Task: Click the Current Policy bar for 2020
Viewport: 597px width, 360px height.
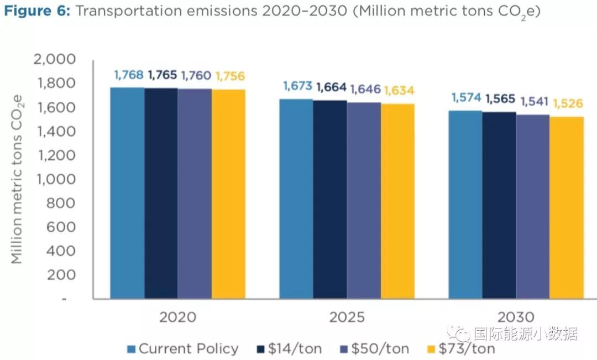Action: pyautogui.click(x=127, y=194)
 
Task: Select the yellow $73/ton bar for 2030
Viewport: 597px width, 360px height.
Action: pyautogui.click(x=567, y=208)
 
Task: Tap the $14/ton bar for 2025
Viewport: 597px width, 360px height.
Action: pyautogui.click(x=330, y=200)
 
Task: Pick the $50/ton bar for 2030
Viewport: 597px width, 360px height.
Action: pyautogui.click(x=533, y=207)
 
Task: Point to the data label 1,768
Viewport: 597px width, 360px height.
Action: pyautogui.click(x=129, y=75)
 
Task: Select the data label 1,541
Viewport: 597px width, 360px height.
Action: pyautogui.click(x=534, y=102)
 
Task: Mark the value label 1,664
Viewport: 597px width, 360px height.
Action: pyautogui.click(x=331, y=87)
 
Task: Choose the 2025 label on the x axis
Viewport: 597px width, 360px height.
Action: pyautogui.click(x=347, y=317)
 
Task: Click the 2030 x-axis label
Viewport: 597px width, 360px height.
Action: pyautogui.click(x=516, y=317)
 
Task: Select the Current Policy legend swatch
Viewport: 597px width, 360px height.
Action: pyautogui.click(x=131, y=349)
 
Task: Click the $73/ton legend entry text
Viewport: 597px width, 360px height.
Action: pyautogui.click(x=467, y=349)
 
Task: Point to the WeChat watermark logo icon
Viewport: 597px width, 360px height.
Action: pyautogui.click(x=460, y=333)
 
